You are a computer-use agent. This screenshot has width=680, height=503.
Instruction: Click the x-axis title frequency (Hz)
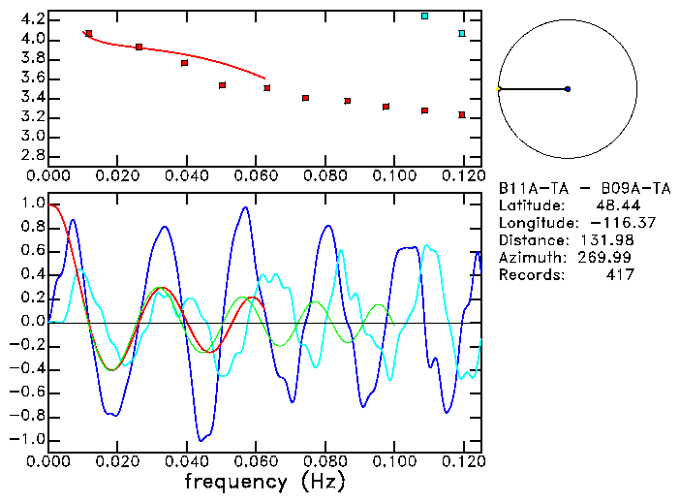click(264, 481)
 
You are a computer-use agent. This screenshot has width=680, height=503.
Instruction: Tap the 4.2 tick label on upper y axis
click(32, 19)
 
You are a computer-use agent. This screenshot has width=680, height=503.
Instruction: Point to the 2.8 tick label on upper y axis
click(32, 156)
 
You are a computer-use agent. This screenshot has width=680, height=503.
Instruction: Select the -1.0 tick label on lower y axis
click(28, 439)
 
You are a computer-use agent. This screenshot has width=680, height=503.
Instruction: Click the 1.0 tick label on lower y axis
click(32, 204)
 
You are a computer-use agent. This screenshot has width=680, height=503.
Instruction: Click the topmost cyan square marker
click(424, 16)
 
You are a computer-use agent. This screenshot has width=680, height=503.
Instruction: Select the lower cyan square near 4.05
click(462, 34)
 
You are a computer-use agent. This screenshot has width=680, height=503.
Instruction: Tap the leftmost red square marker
click(88, 33)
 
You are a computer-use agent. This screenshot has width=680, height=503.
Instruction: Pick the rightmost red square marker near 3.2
click(462, 114)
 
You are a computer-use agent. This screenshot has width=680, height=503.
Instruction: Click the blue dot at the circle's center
click(568, 89)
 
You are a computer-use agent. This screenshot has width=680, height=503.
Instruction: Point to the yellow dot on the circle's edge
click(498, 89)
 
